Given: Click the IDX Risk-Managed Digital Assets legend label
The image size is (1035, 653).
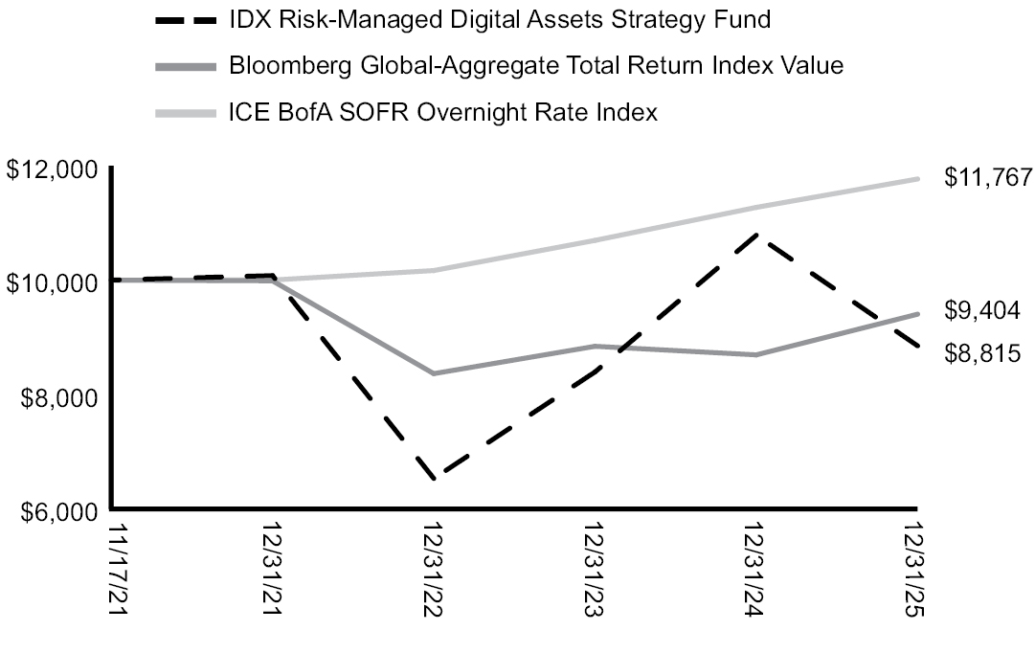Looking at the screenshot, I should (x=501, y=19).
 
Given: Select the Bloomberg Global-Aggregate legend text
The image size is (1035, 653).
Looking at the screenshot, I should (x=536, y=66).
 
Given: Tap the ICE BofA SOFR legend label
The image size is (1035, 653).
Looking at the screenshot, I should (x=443, y=113).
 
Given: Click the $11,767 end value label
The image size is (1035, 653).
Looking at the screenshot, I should (x=987, y=177).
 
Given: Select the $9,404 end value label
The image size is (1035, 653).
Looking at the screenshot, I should (x=982, y=310).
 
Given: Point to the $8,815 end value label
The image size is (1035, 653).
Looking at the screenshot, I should (x=982, y=353).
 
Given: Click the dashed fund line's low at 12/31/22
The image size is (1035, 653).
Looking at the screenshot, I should (x=436, y=478).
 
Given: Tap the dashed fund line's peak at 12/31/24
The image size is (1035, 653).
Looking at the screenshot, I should (x=757, y=234).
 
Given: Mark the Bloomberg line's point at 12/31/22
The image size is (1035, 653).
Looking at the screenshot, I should (x=436, y=373).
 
